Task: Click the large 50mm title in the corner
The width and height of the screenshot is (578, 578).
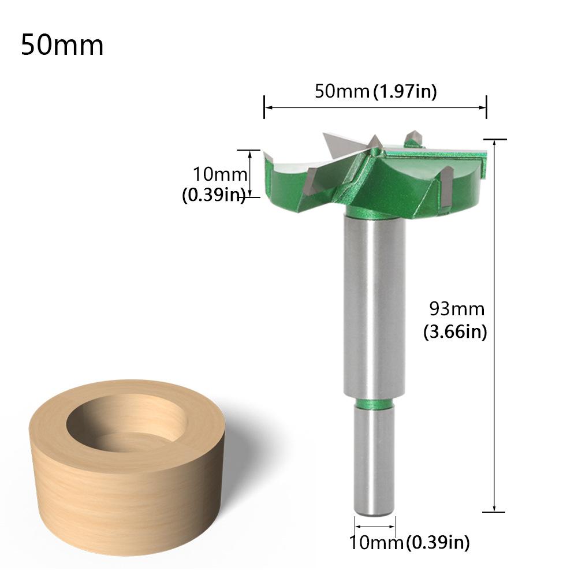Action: (62, 45)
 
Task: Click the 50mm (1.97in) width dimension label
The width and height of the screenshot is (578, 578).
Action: (375, 91)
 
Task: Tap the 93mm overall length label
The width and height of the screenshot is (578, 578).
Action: (456, 309)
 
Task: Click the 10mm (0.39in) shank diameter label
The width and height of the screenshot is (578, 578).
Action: (409, 543)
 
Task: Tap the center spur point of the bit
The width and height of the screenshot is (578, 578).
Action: (375, 141)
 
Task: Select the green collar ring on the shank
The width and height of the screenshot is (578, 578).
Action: (375, 403)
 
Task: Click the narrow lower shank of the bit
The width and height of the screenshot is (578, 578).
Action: (375, 462)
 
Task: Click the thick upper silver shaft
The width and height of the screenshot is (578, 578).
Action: (375, 306)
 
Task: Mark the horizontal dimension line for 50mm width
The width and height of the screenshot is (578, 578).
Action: (375, 107)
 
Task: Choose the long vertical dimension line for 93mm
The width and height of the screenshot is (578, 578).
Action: (494, 323)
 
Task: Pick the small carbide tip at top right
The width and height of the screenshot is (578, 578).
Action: (413, 137)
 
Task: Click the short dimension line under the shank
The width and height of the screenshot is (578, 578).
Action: (375, 527)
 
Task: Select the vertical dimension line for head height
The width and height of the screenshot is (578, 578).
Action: (250, 173)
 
